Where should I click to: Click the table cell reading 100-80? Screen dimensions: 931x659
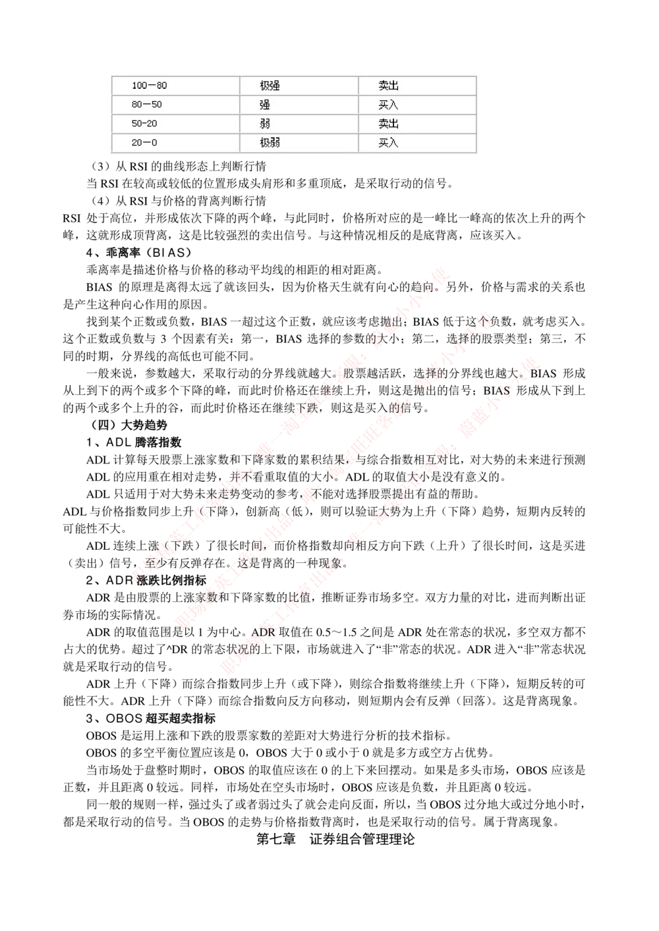tap(149, 86)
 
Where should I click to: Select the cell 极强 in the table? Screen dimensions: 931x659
tap(270, 86)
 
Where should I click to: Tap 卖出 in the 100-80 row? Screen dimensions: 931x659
tap(388, 86)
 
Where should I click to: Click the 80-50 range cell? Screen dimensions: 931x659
tap(146, 105)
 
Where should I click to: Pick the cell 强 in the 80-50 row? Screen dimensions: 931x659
tap(264, 105)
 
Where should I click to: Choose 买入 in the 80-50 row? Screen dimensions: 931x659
tap(388, 105)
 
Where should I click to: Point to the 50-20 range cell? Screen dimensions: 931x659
tap(144, 124)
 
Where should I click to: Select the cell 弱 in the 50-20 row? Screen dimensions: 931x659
tap(264, 124)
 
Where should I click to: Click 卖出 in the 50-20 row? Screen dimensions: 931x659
tap(388, 124)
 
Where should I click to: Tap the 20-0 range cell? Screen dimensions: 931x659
tap(144, 143)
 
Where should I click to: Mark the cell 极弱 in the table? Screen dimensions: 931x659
tap(270, 143)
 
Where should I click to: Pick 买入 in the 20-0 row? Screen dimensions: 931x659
tap(388, 143)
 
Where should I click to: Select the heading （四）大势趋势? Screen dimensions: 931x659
tap(126, 425)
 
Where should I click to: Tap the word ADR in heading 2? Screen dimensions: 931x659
tap(119, 580)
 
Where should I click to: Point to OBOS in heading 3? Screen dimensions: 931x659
tap(124, 718)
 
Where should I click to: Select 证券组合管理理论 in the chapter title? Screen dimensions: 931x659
tap(362, 839)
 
